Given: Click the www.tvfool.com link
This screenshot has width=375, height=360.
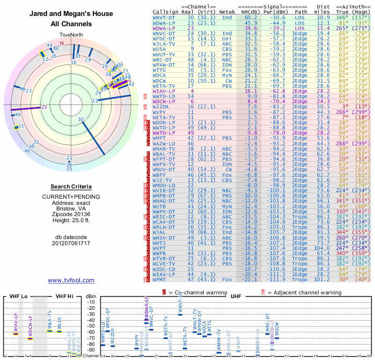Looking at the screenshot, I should [71, 280].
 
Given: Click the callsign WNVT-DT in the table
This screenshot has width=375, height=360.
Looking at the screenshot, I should [164, 17].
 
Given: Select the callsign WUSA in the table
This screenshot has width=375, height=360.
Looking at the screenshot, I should [159, 49].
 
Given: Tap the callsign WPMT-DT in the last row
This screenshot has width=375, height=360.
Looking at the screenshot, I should [162, 279].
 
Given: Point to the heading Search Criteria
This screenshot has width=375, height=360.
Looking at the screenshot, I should [71, 186].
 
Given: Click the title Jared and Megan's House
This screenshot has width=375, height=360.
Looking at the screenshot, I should [71, 14].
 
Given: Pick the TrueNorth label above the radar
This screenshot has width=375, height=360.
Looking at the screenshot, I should [71, 35].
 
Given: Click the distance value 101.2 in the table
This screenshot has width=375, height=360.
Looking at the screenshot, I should [323, 279].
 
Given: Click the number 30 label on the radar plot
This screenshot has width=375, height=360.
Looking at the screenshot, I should [81, 120].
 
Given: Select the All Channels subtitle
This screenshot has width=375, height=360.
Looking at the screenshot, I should [71, 24].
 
